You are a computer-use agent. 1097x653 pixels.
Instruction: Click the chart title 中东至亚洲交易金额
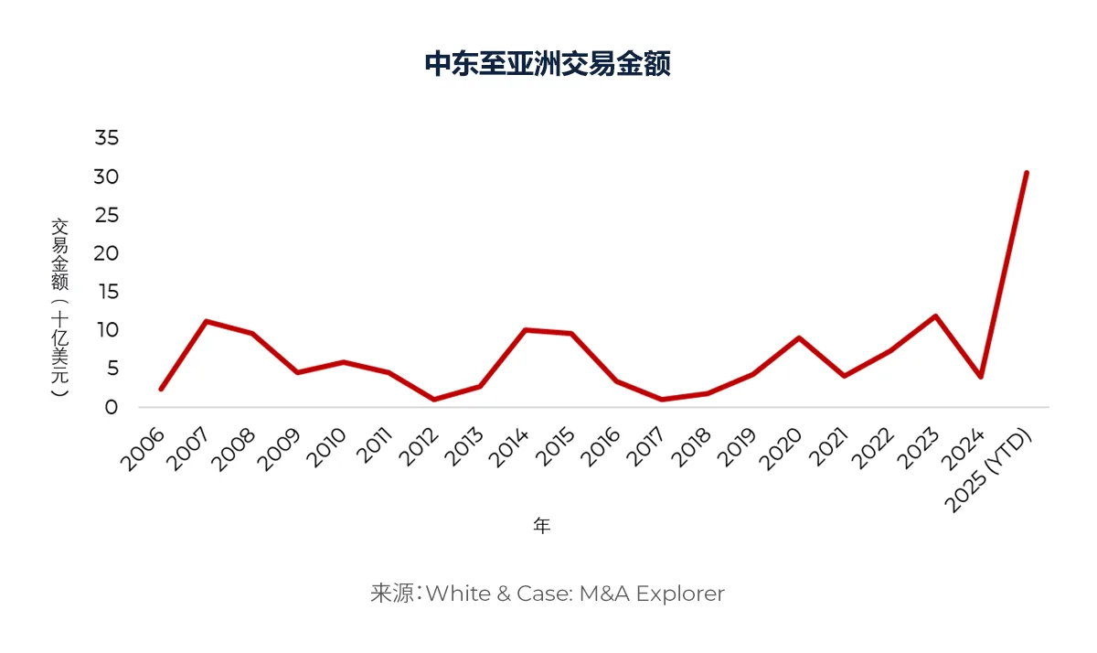click(x=548, y=64)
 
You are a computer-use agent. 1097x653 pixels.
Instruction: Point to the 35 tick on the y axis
click(x=107, y=138)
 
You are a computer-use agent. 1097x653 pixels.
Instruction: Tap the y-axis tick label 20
click(x=107, y=253)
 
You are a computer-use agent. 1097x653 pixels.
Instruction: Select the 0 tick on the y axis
click(x=112, y=407)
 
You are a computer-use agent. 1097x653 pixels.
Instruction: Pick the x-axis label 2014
click(x=510, y=448)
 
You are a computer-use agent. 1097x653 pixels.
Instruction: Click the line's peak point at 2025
click(x=1027, y=172)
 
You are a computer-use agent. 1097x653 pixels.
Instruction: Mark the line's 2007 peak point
click(x=207, y=321)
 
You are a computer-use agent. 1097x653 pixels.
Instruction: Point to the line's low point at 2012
click(x=434, y=400)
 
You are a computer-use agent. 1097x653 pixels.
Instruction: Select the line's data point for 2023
click(x=935, y=316)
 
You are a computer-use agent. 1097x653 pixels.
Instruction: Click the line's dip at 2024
click(x=981, y=377)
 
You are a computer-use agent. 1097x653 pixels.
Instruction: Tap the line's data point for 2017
click(x=662, y=400)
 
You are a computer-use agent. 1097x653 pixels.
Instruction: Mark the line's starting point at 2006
click(x=161, y=389)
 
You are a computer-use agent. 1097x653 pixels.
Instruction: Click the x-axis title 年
click(x=542, y=526)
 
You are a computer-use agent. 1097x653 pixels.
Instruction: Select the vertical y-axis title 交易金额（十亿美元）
click(x=59, y=306)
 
